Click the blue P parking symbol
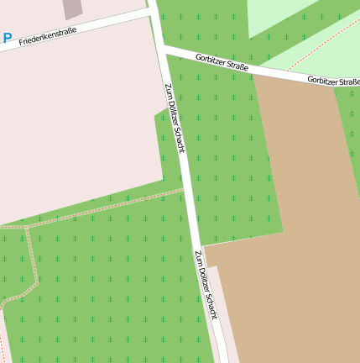tap(8, 38)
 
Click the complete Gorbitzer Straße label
tap(222, 62)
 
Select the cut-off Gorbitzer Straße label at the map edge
tap(333, 81)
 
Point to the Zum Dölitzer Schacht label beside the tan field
tap(206, 285)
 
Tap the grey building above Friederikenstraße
tap(73, 8)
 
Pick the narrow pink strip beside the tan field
tap(216, 311)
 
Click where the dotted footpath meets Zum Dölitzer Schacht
tap(184, 191)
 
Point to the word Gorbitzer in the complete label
tap(211, 60)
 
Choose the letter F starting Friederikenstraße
tap(20, 41)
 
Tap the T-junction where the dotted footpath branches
tap(30, 226)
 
